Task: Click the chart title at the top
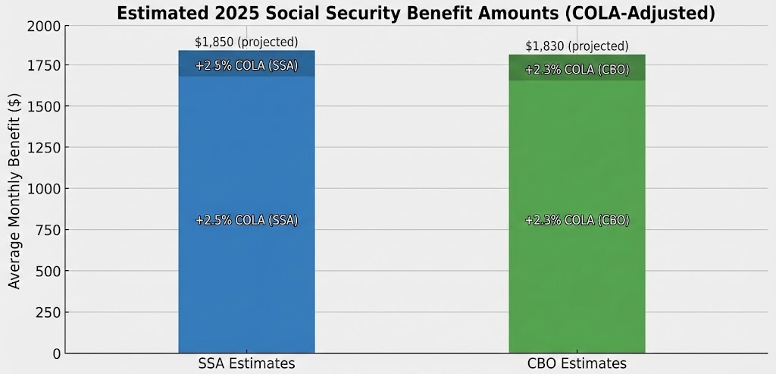(416, 13)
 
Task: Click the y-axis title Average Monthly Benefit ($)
(14, 189)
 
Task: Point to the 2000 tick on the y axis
(43, 25)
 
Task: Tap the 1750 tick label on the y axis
(43, 66)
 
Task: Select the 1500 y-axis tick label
(43, 107)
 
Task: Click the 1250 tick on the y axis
(43, 148)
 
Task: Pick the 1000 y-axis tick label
(43, 189)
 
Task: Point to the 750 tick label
(48, 230)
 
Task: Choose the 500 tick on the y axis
(48, 271)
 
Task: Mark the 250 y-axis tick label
(48, 313)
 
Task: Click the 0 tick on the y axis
(57, 354)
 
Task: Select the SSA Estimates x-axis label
(246, 364)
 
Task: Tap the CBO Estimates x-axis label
(577, 364)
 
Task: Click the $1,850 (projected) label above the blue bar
(246, 42)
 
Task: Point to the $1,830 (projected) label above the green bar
(577, 46)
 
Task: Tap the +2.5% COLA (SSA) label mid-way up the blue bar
(246, 221)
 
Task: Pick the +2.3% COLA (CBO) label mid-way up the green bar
(577, 221)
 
